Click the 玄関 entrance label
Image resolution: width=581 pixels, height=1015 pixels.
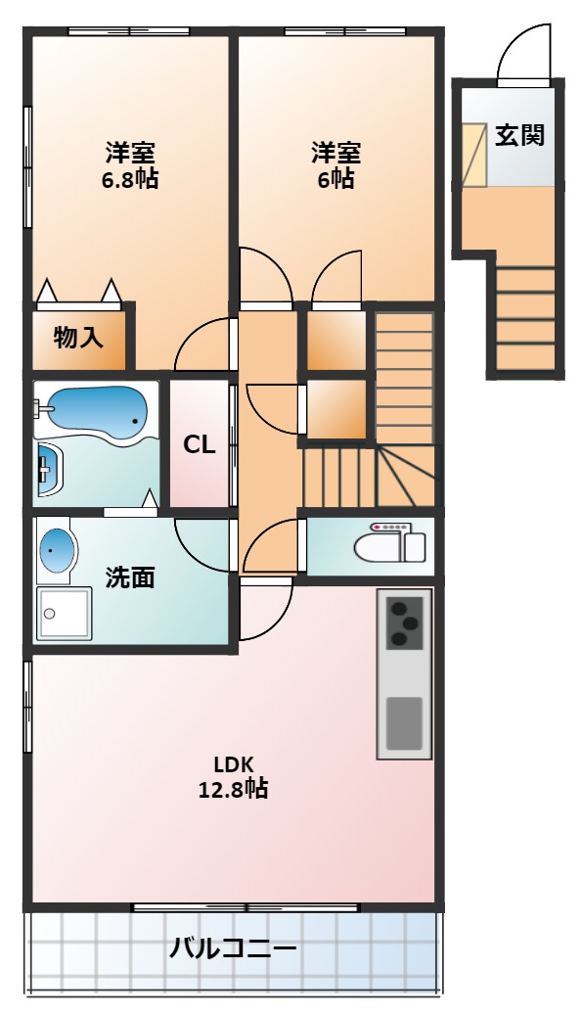click(519, 135)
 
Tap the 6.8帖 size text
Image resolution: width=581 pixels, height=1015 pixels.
click(129, 178)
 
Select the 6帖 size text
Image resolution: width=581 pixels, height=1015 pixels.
click(335, 178)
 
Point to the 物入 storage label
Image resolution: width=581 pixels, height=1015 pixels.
click(78, 338)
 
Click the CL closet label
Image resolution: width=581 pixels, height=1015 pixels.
click(199, 444)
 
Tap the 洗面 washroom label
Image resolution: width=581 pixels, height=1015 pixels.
click(130, 577)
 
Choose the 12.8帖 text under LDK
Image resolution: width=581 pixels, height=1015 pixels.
click(233, 789)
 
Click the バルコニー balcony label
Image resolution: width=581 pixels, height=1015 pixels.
click(233, 949)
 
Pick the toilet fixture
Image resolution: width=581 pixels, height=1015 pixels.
click(389, 542)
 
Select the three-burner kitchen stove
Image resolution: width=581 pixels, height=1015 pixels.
click(404, 623)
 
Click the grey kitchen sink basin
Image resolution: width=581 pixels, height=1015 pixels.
click(404, 723)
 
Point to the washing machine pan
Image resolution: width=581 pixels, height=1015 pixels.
click(64, 614)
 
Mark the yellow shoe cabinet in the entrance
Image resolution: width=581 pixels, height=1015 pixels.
click(472, 154)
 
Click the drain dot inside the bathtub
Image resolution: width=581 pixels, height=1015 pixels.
click(135, 422)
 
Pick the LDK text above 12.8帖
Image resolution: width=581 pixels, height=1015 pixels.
click(233, 763)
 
